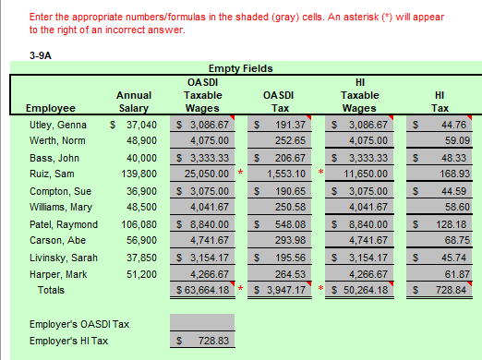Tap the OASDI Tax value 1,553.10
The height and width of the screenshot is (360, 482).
tap(283, 172)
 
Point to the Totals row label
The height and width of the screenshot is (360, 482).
tap(50, 291)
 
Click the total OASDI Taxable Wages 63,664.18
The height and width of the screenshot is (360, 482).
tap(202, 292)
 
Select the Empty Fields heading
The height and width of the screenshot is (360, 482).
tap(241, 68)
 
